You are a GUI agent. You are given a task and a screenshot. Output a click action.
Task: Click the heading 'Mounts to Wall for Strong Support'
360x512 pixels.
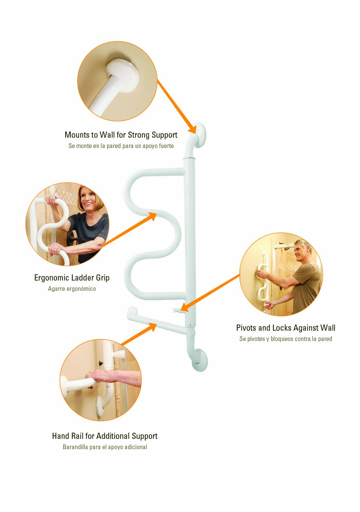coord(121,135)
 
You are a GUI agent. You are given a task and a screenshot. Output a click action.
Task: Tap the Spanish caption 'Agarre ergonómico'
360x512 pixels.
coord(72,289)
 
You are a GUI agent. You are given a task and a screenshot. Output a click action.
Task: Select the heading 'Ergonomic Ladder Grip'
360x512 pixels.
coord(72,278)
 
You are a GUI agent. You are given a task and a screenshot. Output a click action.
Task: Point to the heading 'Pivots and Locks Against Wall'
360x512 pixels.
coord(286,328)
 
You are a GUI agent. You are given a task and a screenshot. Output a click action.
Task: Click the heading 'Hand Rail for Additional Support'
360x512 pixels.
coord(105,436)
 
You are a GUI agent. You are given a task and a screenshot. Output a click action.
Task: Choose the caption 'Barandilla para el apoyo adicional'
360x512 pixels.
coord(105,447)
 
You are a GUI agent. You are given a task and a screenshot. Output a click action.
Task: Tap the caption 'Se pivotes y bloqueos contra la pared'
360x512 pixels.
coord(286,339)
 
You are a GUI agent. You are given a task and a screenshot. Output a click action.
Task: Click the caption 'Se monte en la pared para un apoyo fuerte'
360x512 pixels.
coord(121,146)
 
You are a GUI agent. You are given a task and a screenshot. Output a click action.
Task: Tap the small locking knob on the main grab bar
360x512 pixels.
coord(176,310)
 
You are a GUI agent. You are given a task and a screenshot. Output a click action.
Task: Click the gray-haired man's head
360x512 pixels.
coord(302,251)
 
